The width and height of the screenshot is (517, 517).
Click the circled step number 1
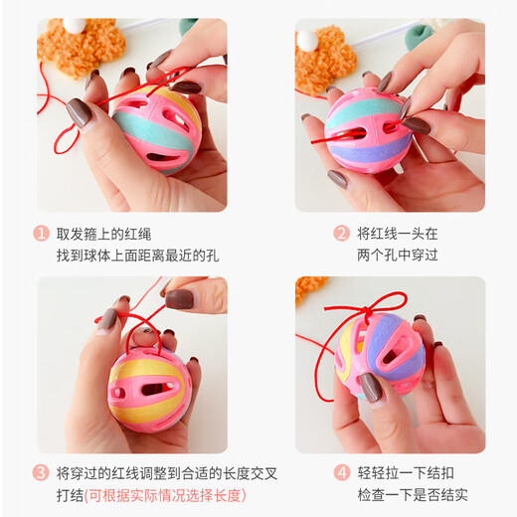pyautogui.click(x=41, y=234)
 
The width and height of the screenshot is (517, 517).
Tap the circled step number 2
pyautogui.click(x=341, y=234)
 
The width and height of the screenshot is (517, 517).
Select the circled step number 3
pyautogui.click(x=41, y=472)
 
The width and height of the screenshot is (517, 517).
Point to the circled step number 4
pyautogui.click(x=341, y=472)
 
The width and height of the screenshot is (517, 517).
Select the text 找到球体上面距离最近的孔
pyautogui.click(x=138, y=256)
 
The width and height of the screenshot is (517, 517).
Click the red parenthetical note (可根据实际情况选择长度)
pyautogui.click(x=165, y=494)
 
